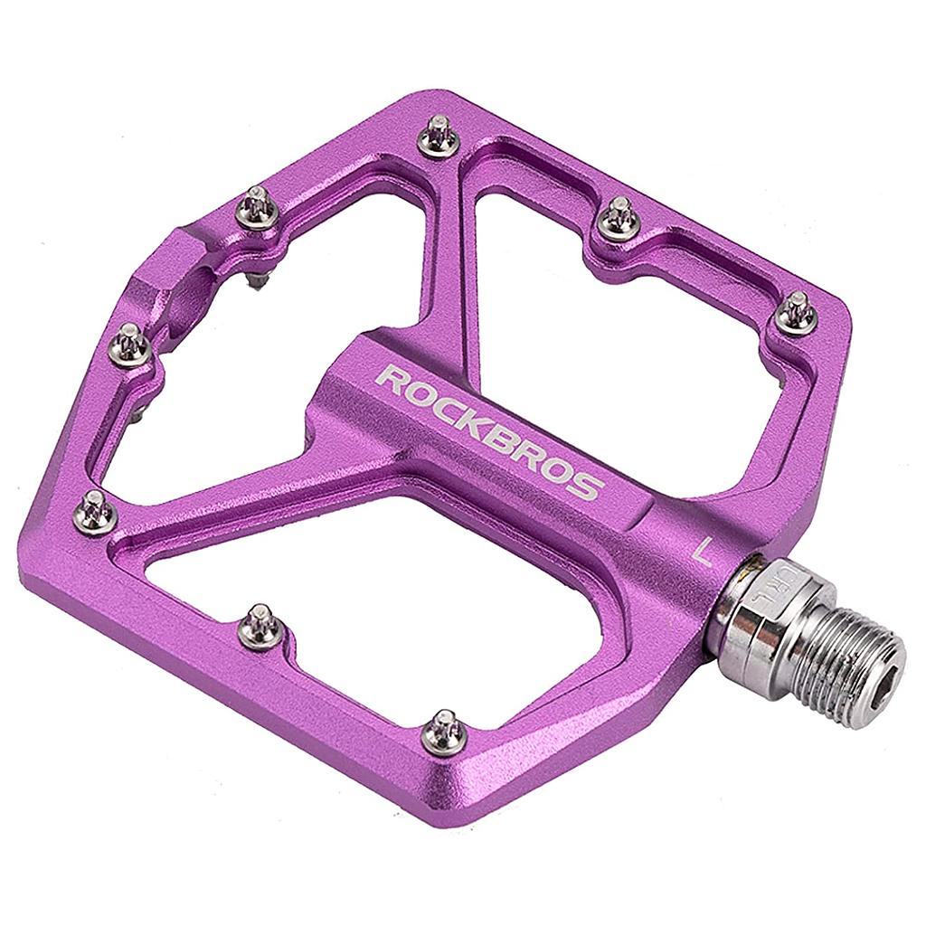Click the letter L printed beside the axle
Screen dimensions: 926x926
(x=701, y=551)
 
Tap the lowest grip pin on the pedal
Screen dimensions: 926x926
(x=445, y=730)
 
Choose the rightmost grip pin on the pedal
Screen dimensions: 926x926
(x=797, y=312)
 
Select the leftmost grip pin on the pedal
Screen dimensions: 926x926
(x=94, y=513)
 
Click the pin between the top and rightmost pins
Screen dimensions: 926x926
(x=620, y=218)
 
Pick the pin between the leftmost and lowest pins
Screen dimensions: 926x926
(x=260, y=625)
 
